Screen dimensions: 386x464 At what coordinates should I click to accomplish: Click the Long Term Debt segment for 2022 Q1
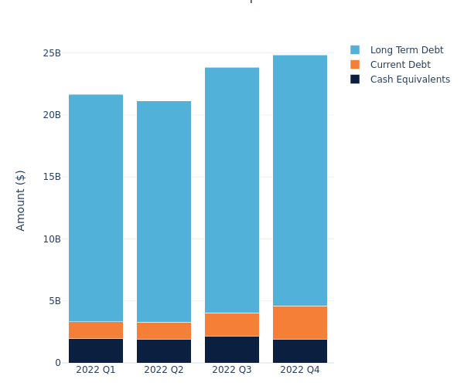coord(96,208)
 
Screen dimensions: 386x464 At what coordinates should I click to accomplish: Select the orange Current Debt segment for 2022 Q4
coord(300,323)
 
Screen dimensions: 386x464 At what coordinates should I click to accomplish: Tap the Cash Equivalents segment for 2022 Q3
coord(232,349)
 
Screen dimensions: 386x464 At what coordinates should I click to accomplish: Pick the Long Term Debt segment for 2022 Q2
coord(164,212)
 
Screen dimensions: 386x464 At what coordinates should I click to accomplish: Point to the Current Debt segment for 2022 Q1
coord(96,330)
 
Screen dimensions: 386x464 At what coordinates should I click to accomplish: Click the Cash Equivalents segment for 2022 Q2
coord(164,350)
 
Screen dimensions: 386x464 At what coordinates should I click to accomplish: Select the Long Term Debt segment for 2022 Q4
coord(300,181)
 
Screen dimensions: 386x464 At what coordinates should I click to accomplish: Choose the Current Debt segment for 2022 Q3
coord(232,324)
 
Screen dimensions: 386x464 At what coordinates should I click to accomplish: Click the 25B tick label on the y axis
coord(52,53)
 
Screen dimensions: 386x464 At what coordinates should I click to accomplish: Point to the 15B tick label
coord(52,177)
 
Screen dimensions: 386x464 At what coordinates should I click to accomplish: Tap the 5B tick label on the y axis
coord(55,300)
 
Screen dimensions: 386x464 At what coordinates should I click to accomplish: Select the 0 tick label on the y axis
coord(58,362)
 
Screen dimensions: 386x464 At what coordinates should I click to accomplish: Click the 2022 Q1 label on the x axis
coord(96,370)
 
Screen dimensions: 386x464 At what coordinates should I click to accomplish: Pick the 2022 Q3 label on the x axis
coord(232,370)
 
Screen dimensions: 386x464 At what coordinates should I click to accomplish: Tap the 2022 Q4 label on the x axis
coord(300,370)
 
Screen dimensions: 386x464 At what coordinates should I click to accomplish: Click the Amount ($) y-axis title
coord(21,200)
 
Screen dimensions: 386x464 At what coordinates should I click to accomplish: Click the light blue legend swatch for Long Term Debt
coord(355,50)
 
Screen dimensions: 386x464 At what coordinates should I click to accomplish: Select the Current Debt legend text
coord(400,65)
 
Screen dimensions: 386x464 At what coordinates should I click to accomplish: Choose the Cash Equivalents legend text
coord(410,80)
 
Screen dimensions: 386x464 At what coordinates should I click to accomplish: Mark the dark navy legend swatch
coord(355,80)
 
